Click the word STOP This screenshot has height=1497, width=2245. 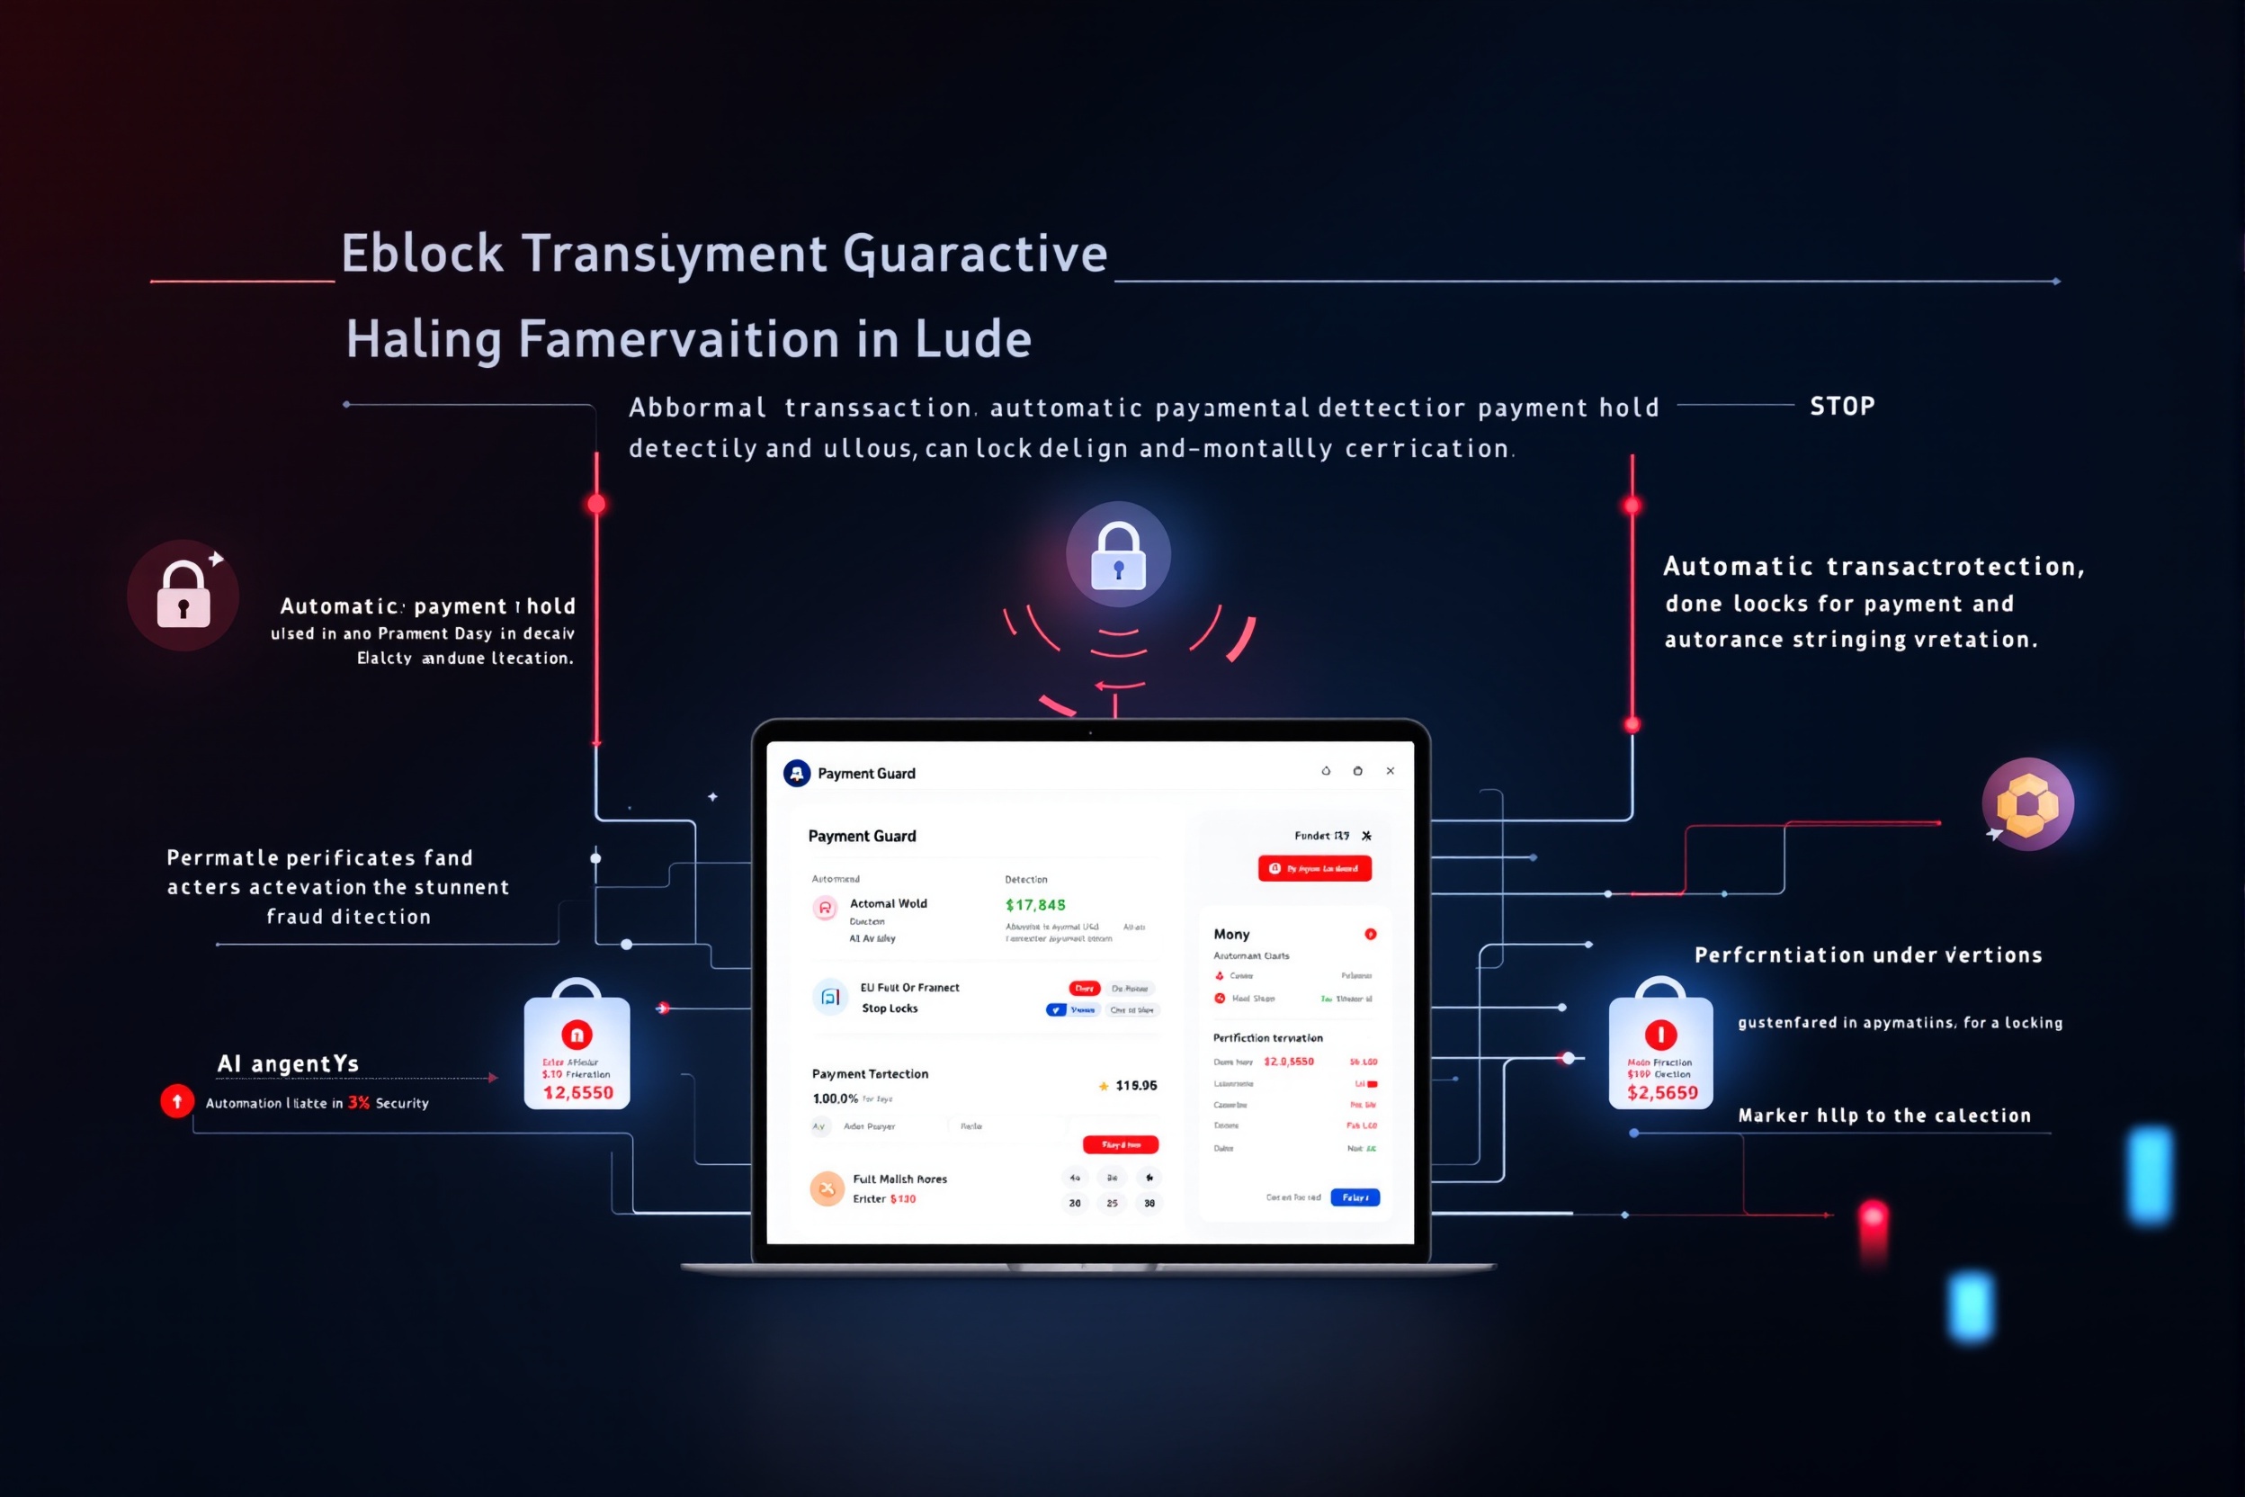[1842, 407]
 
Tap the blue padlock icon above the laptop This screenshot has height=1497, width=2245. [1118, 555]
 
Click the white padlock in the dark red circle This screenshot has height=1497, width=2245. [183, 596]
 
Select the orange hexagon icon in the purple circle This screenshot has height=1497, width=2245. [2027, 804]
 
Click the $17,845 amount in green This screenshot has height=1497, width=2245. [1035, 905]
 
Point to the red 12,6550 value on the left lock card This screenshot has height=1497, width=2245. [578, 1093]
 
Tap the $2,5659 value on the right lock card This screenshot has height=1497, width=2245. [1662, 1093]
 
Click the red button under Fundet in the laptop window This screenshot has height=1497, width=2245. [1314, 868]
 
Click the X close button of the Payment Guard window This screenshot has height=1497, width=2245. [1390, 771]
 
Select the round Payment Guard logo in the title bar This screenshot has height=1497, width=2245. [797, 774]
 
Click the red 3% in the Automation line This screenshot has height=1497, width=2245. [359, 1103]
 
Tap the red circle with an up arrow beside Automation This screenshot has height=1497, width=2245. [176, 1101]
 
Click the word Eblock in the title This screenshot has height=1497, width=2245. [422, 254]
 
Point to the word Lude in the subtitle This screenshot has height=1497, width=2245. [972, 340]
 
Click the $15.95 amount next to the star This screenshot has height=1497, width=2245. [1136, 1086]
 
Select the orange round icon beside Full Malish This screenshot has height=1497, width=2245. [827, 1188]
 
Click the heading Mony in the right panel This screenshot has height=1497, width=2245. [1231, 935]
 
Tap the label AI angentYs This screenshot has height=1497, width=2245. [288, 1063]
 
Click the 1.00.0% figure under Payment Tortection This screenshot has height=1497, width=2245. [836, 1098]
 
